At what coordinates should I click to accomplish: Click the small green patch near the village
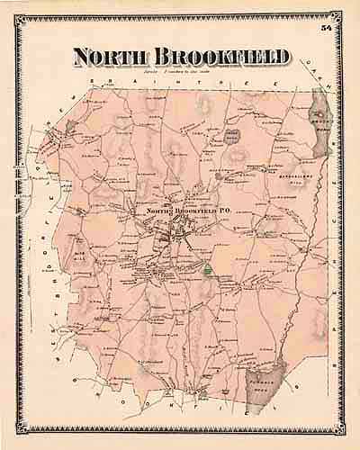click(208, 269)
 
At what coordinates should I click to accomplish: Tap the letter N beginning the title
click(83, 57)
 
